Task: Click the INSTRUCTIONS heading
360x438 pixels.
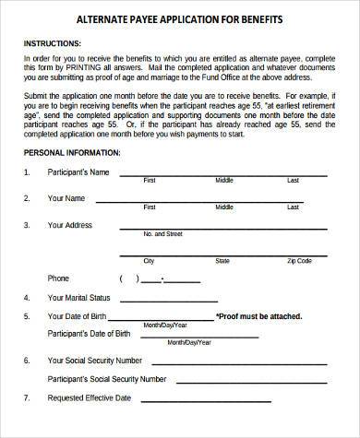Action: click(54, 42)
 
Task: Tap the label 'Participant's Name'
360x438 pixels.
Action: click(78, 172)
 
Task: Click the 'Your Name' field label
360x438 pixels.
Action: click(66, 198)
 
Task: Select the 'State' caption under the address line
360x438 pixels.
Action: click(222, 260)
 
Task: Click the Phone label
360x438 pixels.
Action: click(58, 278)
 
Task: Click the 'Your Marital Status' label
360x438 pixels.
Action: click(78, 297)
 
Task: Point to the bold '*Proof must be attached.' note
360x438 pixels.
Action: click(258, 316)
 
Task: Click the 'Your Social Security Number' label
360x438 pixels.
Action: click(94, 360)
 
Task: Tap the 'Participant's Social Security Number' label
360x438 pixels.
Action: click(106, 378)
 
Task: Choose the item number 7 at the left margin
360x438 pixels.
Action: click(27, 397)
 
